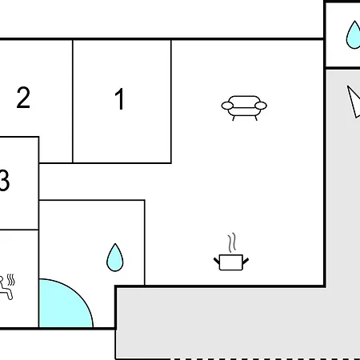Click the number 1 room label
click(x=120, y=99)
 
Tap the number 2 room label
click(x=23, y=98)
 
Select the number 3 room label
click(x=5, y=180)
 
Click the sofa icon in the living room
click(x=244, y=108)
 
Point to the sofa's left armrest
click(x=227, y=106)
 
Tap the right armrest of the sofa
click(x=261, y=106)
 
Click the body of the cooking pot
click(x=231, y=262)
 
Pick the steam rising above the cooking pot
click(x=232, y=242)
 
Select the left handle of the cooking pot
click(x=217, y=261)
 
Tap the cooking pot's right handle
click(x=246, y=261)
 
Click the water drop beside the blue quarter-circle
click(x=115, y=258)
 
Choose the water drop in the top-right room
click(x=354, y=34)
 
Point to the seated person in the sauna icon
click(x=6, y=288)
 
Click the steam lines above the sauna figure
click(x=11, y=280)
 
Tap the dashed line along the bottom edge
click(x=265, y=359)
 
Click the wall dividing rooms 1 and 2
click(x=73, y=102)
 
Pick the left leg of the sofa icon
click(x=234, y=118)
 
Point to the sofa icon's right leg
click(x=256, y=118)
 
